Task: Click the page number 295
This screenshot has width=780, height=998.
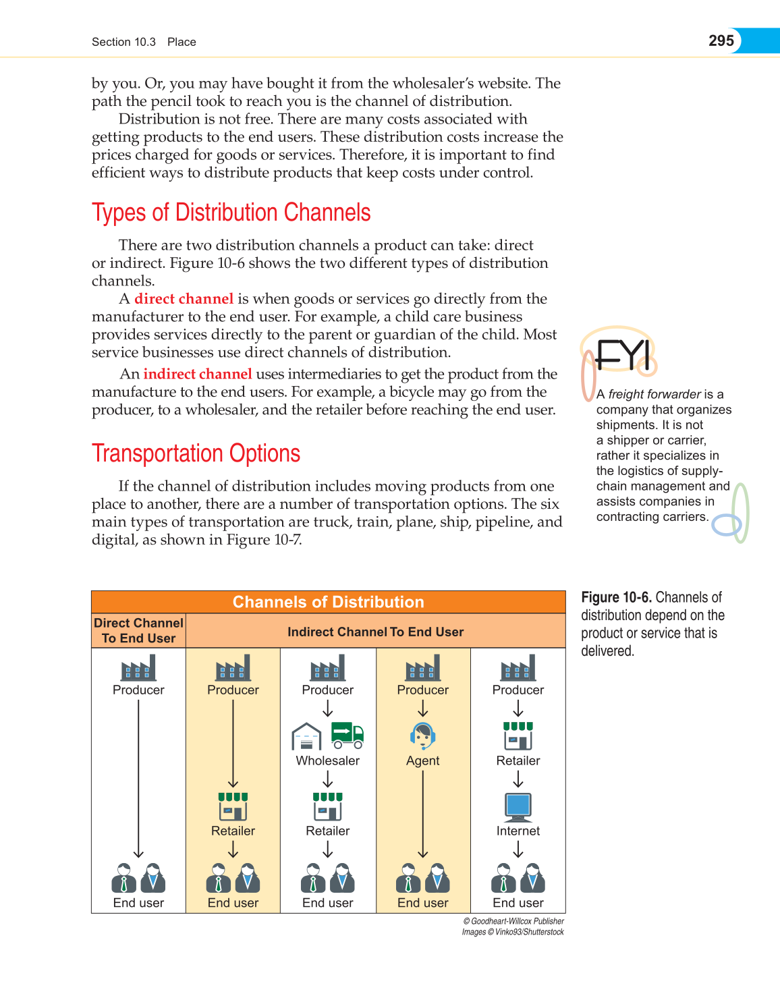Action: tap(721, 40)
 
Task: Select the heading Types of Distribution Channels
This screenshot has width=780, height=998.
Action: tap(231, 213)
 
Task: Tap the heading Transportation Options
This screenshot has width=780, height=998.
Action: tap(196, 453)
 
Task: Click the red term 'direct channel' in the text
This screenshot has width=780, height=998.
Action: tap(184, 299)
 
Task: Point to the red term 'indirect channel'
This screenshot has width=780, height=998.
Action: tap(197, 375)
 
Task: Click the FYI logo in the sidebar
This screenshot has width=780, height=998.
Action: tap(621, 355)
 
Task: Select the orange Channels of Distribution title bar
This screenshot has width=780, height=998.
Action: tap(328, 602)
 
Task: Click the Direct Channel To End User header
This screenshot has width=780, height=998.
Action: tap(138, 631)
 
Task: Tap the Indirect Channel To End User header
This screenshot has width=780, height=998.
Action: tap(375, 632)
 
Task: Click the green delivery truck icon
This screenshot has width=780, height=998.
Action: tap(347, 736)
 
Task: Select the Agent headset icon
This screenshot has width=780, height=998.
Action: tap(423, 736)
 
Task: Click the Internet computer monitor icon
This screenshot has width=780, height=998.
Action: tap(518, 806)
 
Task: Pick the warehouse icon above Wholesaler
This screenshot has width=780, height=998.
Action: tap(306, 737)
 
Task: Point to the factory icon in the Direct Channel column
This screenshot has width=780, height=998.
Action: tap(138, 668)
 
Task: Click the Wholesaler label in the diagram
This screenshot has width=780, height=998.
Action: tap(328, 760)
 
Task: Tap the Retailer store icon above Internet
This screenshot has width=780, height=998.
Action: tap(518, 736)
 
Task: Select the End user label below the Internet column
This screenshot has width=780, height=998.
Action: tap(518, 903)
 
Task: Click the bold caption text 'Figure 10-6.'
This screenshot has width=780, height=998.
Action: tap(616, 597)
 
